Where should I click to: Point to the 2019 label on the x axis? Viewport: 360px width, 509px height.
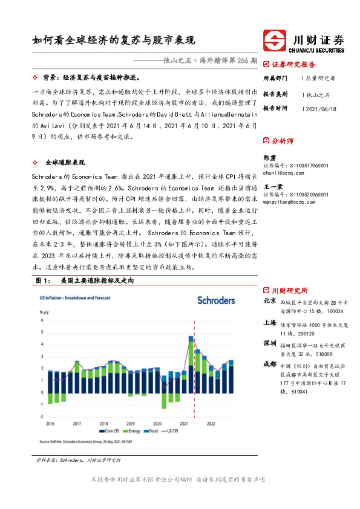131,423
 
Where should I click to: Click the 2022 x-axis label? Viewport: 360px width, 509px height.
211,423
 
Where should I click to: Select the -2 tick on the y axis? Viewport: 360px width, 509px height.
41,417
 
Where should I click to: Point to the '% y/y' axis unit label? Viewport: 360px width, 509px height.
44,312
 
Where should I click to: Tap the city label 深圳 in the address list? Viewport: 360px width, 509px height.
269,344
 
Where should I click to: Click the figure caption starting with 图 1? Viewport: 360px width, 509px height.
84,281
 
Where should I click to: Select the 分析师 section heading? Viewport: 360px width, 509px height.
283,141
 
